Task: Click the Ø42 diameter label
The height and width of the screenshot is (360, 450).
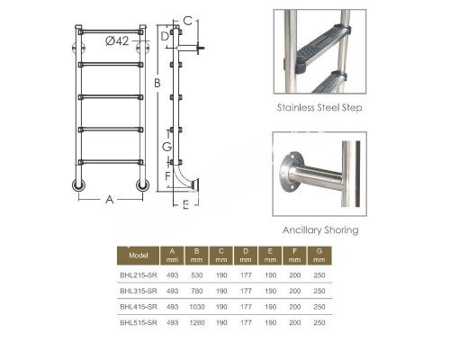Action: tap(117, 40)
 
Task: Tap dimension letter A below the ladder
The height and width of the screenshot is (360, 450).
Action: tap(110, 200)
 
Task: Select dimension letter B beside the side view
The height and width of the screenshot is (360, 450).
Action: tap(157, 83)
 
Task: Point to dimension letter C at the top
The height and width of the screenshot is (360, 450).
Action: tap(187, 21)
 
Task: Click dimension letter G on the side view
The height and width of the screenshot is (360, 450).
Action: tap(166, 147)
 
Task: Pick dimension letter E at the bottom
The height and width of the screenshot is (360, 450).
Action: tap(186, 205)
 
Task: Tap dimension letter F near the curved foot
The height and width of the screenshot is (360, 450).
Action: tap(168, 176)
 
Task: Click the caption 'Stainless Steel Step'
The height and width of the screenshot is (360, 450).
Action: tap(319, 108)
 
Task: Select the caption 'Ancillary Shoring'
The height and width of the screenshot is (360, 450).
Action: tap(320, 230)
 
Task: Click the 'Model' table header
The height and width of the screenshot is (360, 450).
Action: tap(139, 256)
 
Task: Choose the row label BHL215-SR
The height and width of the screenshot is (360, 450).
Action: tap(139, 275)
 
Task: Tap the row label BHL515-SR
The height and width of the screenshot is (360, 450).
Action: tap(139, 322)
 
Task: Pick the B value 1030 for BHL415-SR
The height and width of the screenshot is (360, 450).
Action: tap(197, 307)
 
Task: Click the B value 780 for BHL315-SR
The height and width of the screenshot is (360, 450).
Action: tap(197, 291)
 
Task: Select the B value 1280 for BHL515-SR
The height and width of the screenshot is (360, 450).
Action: tap(197, 322)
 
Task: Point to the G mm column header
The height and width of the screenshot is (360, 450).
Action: tap(319, 256)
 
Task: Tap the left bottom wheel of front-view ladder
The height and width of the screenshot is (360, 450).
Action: tap(79, 185)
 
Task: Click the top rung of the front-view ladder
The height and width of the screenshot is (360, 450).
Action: tap(111, 31)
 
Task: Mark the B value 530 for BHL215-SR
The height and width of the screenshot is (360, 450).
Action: tap(197, 275)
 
